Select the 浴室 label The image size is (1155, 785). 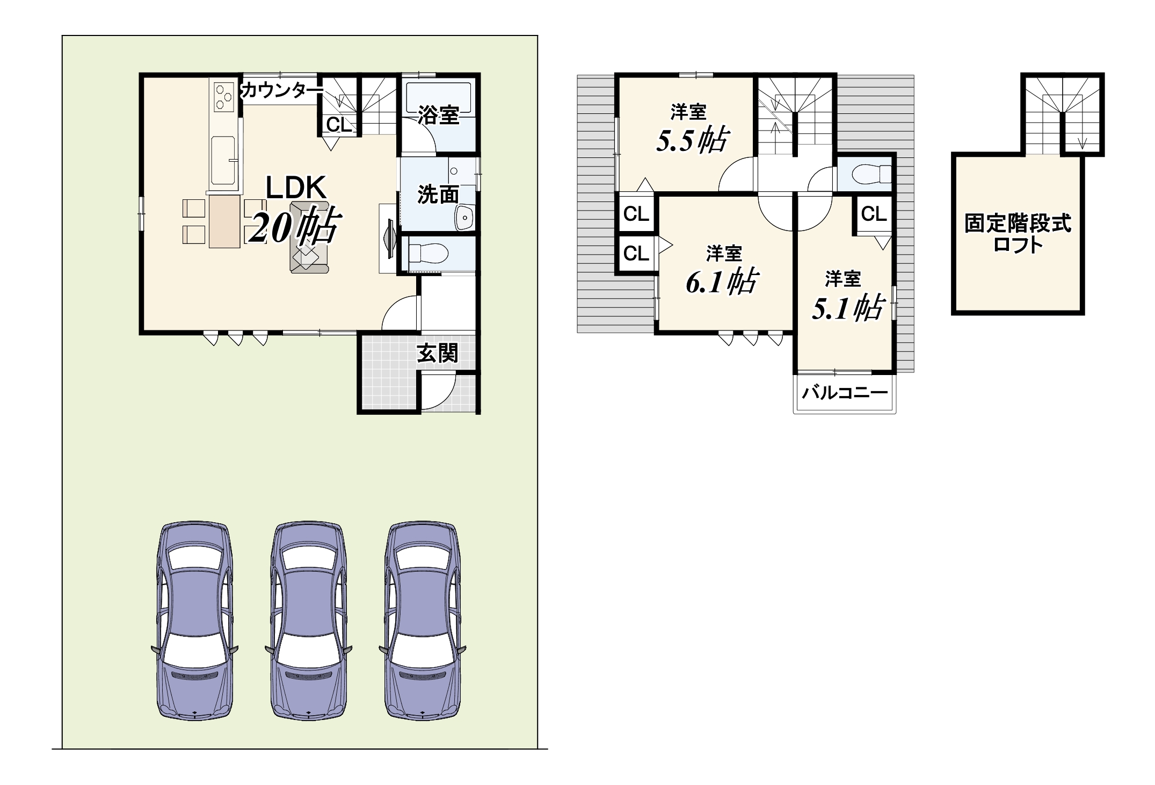click(439, 115)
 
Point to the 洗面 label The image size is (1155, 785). click(438, 195)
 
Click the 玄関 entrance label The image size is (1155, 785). click(438, 353)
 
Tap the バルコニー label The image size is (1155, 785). click(845, 393)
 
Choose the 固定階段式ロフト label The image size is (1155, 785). click(1018, 233)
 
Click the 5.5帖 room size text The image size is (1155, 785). click(692, 140)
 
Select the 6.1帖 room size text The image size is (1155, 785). click(722, 280)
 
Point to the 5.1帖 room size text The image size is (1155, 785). click(848, 308)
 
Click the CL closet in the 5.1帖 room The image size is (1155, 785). click(874, 214)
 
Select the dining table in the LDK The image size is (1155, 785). click(224, 221)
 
